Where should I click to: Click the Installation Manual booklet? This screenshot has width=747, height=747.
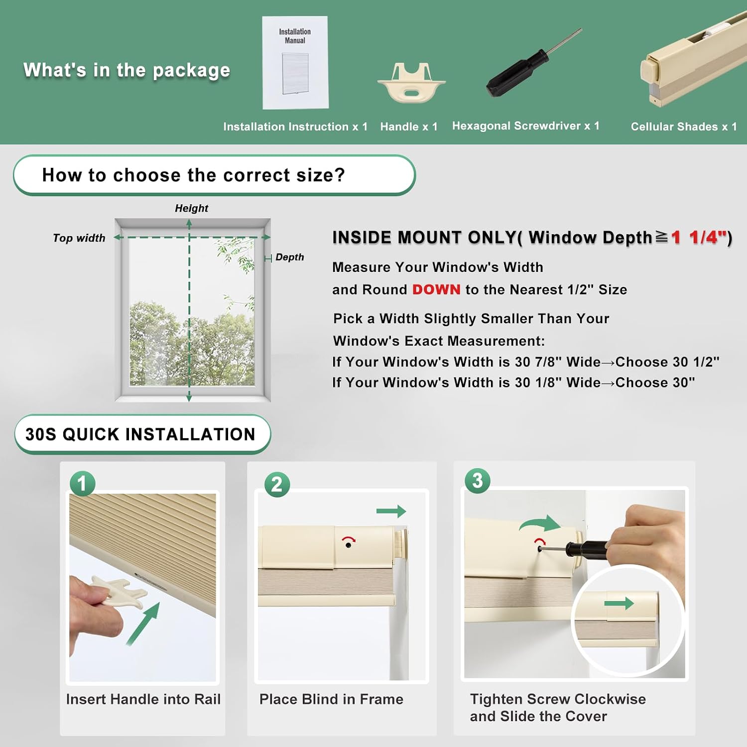pos(295,63)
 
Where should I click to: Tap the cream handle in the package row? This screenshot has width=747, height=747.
pos(411,82)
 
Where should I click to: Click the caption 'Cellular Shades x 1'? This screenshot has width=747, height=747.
pos(684,126)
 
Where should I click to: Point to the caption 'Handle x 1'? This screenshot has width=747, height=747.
pos(409,126)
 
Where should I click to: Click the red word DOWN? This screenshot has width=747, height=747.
pos(436,289)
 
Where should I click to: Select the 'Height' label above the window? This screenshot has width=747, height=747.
pos(192,208)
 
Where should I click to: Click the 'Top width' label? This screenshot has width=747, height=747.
pos(79,238)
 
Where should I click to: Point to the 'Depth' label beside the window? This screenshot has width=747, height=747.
pos(290,257)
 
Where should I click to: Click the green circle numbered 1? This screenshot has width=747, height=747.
pos(82,484)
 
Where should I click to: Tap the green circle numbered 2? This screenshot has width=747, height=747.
pos(277,485)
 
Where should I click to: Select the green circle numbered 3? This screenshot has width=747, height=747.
pos(478,481)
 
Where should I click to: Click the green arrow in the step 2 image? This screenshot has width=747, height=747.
pos(391,511)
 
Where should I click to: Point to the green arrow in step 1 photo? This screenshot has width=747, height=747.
pos(143,623)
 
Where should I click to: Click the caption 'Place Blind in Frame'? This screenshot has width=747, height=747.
pos(331,699)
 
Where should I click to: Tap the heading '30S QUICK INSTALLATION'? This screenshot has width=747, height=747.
pos(140,434)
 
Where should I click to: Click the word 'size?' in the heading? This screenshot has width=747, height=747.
pos(321,175)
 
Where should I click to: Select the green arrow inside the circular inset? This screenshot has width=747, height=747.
pos(619,604)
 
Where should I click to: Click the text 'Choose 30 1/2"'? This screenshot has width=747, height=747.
pos(667,362)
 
